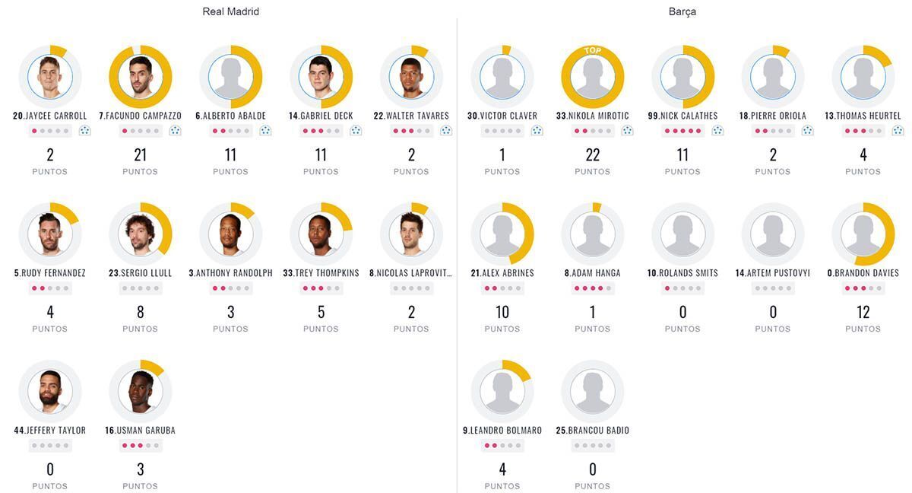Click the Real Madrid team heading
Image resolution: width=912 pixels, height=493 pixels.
(x=230, y=11)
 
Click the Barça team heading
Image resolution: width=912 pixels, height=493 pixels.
(x=682, y=11)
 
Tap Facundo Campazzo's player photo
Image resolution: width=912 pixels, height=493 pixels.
(x=141, y=77)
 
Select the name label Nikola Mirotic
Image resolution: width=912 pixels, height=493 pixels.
(x=593, y=116)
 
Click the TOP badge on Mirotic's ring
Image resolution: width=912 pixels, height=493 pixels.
(x=593, y=51)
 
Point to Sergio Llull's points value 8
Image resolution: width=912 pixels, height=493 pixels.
(x=141, y=312)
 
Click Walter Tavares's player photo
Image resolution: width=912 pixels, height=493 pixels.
(x=411, y=77)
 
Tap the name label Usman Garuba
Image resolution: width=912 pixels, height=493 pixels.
(x=141, y=431)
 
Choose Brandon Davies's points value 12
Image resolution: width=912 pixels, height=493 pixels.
(x=863, y=312)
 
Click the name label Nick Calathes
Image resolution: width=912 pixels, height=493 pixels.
(x=682, y=116)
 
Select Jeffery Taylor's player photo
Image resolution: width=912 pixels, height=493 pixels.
(x=50, y=391)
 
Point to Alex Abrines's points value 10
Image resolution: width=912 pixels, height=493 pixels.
(x=502, y=312)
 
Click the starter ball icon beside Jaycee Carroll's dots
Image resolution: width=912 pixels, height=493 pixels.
(x=84, y=131)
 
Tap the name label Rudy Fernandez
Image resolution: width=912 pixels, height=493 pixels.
(x=50, y=273)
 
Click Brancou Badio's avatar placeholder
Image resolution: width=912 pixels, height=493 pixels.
(x=593, y=391)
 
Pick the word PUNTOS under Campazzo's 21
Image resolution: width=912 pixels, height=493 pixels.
(x=141, y=172)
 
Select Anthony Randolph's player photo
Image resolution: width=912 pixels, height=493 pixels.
(x=231, y=234)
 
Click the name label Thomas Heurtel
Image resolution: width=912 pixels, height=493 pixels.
(x=863, y=116)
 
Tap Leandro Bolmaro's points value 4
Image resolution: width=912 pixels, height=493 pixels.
(x=502, y=469)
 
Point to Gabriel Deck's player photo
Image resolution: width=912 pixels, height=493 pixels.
(x=321, y=77)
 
